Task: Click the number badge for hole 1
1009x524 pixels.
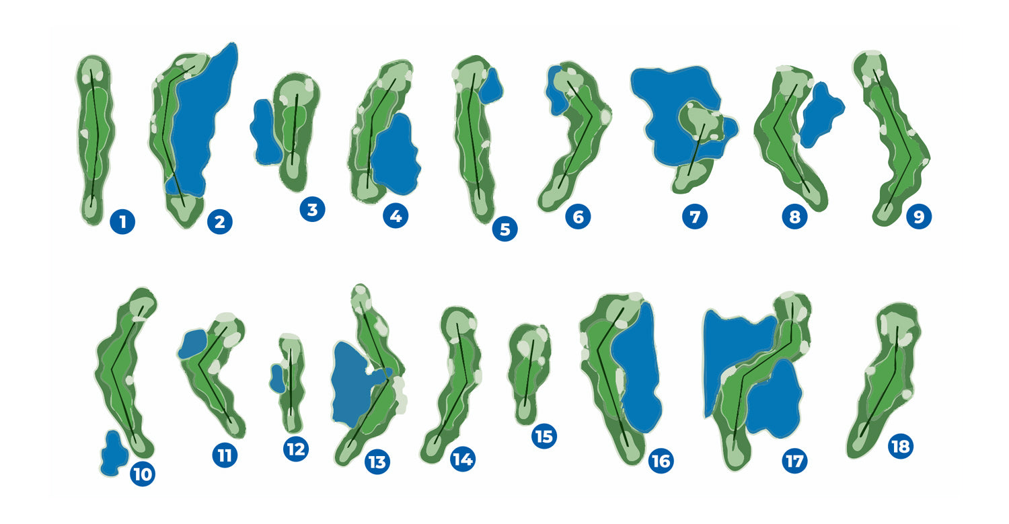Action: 122,222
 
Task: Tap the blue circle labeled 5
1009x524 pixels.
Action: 505,229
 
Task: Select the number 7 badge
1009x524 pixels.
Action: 695,217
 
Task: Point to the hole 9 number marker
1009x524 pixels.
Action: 919,217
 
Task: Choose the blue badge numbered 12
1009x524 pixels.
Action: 296,449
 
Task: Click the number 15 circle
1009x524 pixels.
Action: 544,436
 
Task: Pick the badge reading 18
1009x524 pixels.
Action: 901,446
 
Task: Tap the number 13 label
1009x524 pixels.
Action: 377,462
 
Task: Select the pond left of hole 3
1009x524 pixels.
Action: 266,132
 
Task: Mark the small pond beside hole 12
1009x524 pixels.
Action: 277,379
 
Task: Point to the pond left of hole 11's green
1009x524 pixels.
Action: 193,344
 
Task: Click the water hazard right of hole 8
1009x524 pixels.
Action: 821,115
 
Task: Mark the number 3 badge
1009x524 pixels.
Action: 312,209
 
